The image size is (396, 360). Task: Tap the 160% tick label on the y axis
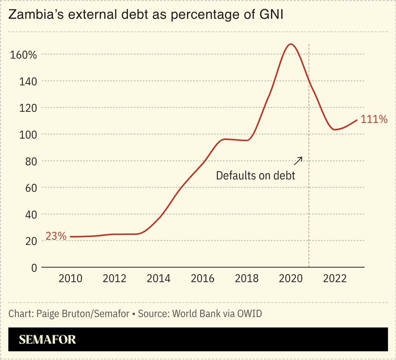click(x=23, y=55)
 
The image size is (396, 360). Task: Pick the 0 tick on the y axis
click(x=34, y=268)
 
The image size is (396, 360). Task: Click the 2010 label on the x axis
click(x=70, y=278)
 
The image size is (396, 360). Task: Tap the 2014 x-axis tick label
click(x=158, y=278)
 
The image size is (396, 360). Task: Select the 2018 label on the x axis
click(x=246, y=278)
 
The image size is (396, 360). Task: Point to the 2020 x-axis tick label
click(x=291, y=278)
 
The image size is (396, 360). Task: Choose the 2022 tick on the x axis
click(x=335, y=278)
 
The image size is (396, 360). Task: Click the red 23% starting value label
click(x=56, y=236)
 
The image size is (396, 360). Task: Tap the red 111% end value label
click(x=374, y=119)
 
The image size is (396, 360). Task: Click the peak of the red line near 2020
click(x=291, y=44)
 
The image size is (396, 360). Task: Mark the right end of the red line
click(x=357, y=120)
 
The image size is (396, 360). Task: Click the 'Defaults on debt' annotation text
click(x=255, y=176)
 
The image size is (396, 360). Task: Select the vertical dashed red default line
click(x=309, y=207)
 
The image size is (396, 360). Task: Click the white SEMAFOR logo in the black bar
click(x=47, y=340)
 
